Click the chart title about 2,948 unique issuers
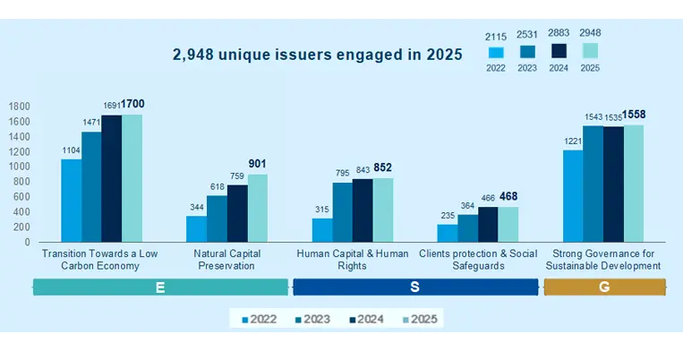318,55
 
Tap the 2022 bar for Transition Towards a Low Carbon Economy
71,200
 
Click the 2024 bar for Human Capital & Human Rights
363,210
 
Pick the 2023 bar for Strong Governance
593,184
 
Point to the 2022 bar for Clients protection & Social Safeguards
447,233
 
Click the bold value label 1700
132,104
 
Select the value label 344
196,207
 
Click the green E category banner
160,287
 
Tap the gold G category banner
605,287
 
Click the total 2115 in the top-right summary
496,36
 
